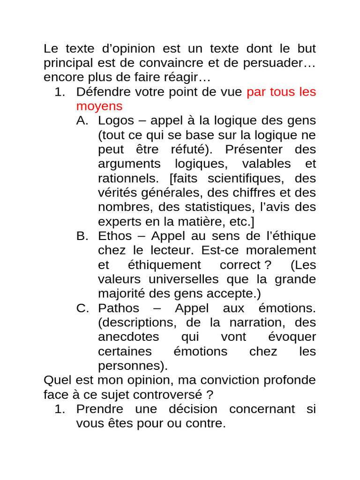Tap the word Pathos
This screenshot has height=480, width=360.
tap(119, 308)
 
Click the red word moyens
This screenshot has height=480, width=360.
tap(99, 106)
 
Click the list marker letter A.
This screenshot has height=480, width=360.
tap(82, 120)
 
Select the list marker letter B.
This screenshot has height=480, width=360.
tap(82, 236)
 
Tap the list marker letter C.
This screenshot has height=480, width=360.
tap(82, 308)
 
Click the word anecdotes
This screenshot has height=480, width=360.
tap(128, 337)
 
